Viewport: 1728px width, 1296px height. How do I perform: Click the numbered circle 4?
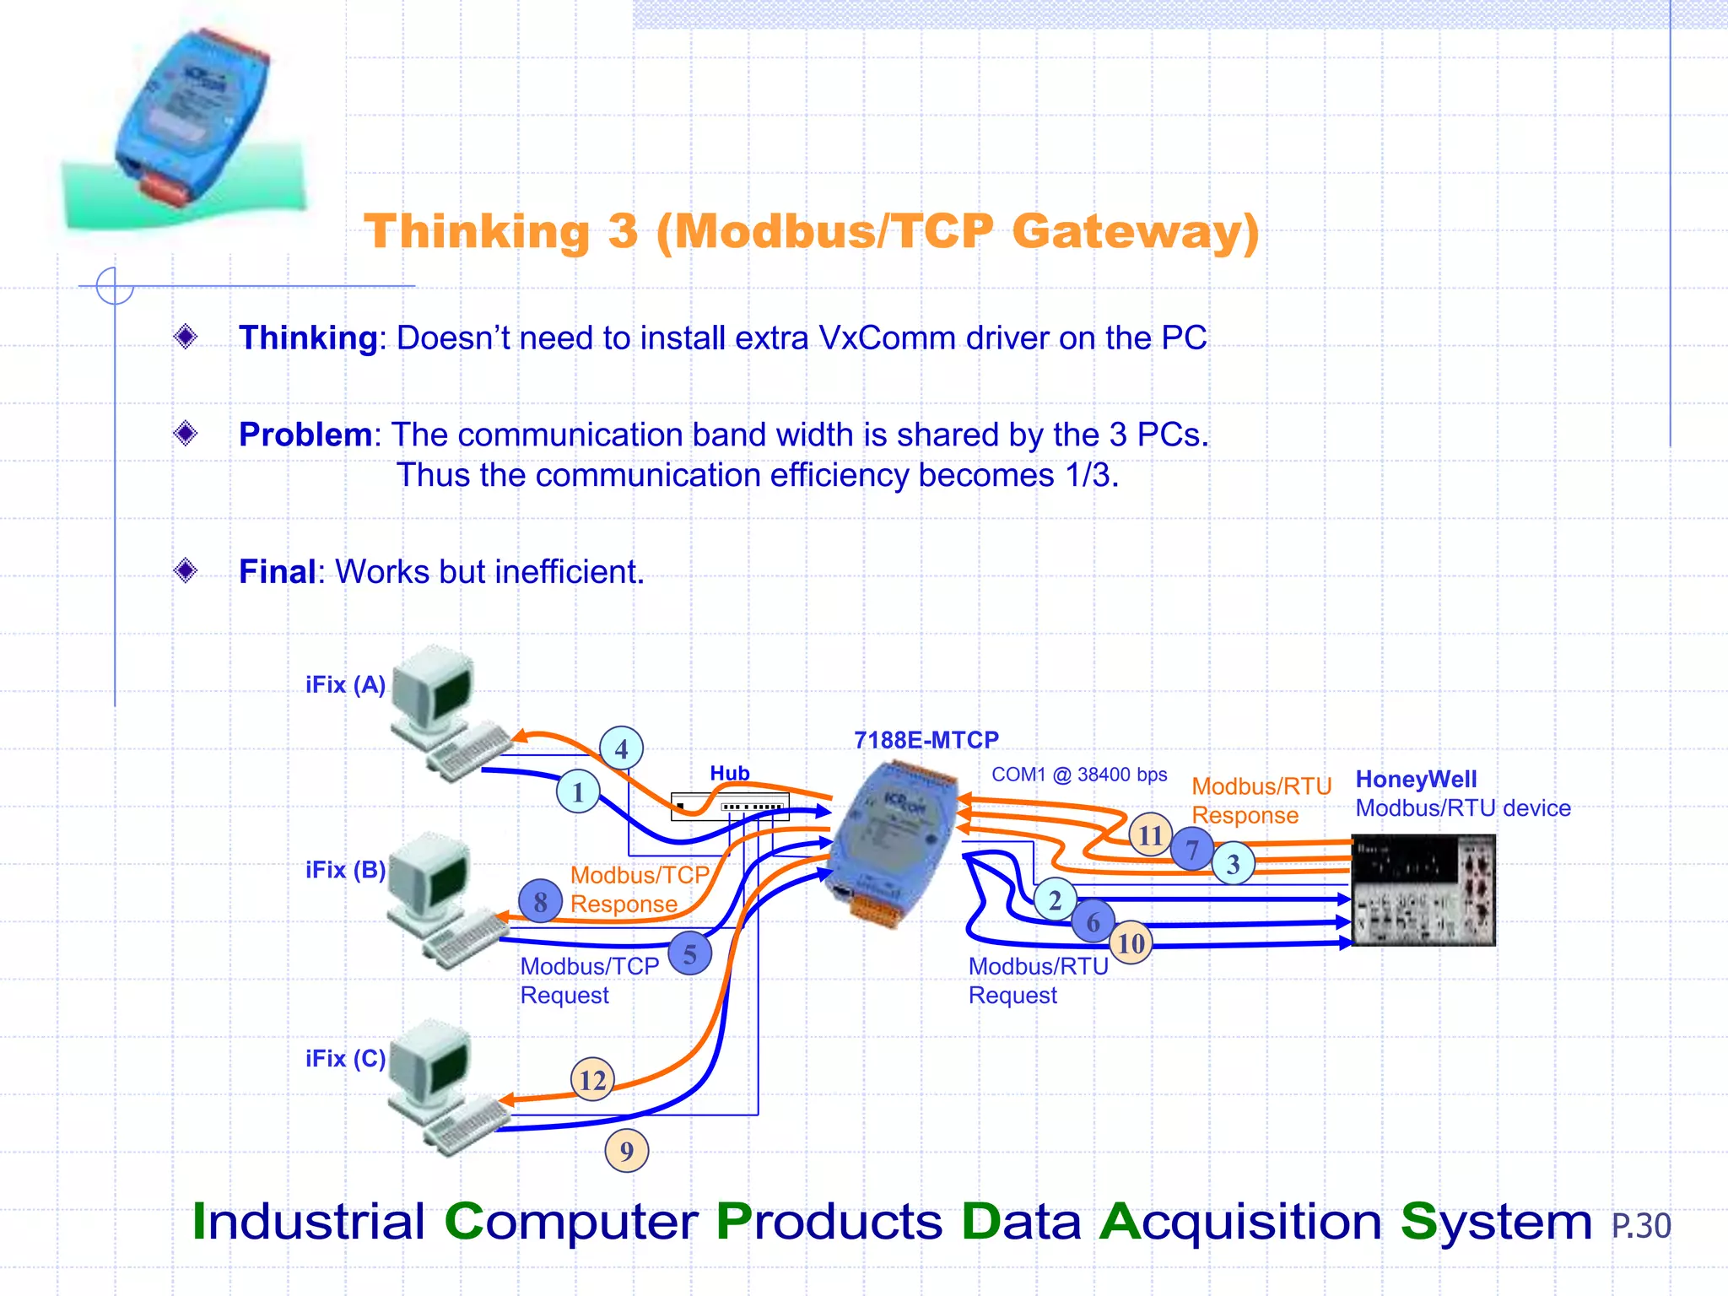[621, 748]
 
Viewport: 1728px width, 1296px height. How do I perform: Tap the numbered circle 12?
[592, 1079]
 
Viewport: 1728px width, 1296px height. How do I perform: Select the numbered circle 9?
[626, 1151]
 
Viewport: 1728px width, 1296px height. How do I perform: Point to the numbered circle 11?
[1150, 834]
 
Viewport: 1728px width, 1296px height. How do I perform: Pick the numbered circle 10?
[1131, 942]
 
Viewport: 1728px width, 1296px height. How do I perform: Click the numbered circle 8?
[540, 901]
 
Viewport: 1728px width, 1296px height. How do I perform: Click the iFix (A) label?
[345, 684]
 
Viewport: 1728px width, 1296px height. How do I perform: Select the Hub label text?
[729, 773]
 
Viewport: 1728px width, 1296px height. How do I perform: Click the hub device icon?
[730, 806]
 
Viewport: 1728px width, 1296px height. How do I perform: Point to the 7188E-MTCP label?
[926, 740]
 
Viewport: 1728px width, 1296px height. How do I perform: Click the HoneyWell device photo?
[1423, 890]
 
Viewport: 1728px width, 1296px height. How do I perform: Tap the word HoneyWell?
[1416, 779]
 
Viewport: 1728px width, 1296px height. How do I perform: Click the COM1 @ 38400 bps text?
[1078, 775]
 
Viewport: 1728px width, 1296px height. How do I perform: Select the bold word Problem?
[305, 435]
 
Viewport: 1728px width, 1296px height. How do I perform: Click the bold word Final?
[277, 571]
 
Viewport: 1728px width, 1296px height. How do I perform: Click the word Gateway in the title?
[1135, 231]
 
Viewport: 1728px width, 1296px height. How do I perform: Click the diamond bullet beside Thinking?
[186, 337]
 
